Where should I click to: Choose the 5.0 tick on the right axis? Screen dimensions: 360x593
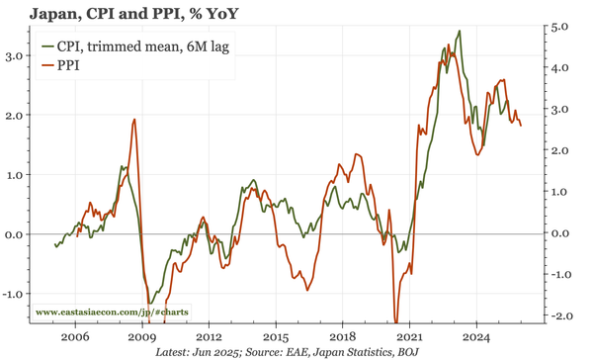tap(558, 27)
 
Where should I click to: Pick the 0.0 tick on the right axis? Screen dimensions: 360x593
tap(558, 233)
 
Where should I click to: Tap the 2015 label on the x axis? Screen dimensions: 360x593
tap(275, 334)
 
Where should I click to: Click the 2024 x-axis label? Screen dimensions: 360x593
tap(476, 334)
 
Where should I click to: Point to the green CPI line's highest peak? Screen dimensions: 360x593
tap(459, 31)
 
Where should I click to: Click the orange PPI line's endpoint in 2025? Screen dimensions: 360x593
tap(522, 126)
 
